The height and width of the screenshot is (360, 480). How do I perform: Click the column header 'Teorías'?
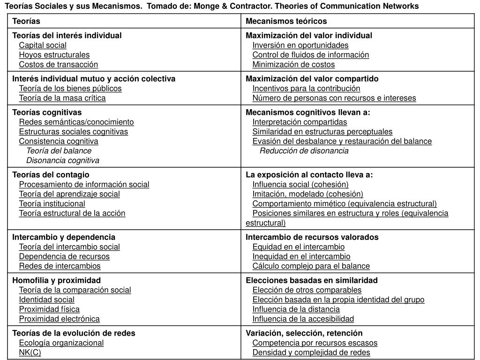pyautogui.click(x=26, y=21)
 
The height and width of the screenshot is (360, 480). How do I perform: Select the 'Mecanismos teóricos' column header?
pyautogui.click(x=286, y=21)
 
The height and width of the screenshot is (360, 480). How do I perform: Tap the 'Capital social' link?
pyautogui.click(x=43, y=45)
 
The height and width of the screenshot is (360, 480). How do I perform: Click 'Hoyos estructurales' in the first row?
pyautogui.click(x=54, y=55)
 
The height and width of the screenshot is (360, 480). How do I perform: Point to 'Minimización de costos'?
pyautogui.click(x=293, y=64)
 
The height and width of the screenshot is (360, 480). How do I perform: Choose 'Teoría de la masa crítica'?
pyautogui.click(x=62, y=98)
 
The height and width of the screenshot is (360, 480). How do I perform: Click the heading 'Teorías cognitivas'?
pyautogui.click(x=47, y=112)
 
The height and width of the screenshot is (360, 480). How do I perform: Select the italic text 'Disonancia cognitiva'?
pyautogui.click(x=63, y=160)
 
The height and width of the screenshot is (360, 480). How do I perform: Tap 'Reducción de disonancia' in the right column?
pyautogui.click(x=304, y=150)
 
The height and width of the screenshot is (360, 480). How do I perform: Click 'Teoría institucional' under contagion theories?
pyautogui.click(x=52, y=203)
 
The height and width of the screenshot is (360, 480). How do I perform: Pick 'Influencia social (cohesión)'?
pyautogui.click(x=300, y=184)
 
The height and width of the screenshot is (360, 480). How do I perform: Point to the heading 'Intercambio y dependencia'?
pyautogui.click(x=64, y=237)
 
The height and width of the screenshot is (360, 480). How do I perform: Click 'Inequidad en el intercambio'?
pyautogui.click(x=301, y=256)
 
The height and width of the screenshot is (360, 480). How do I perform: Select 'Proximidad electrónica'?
pyautogui.click(x=60, y=319)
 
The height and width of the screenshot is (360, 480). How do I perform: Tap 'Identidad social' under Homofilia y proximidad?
pyautogui.click(x=47, y=300)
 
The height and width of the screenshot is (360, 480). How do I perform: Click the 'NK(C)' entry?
pyautogui.click(x=30, y=352)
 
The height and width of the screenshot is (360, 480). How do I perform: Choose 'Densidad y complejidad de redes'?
pyautogui.click(x=311, y=352)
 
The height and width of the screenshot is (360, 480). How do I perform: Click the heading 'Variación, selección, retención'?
pyautogui.click(x=304, y=333)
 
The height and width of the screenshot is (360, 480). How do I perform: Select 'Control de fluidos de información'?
pyautogui.click(x=311, y=55)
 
